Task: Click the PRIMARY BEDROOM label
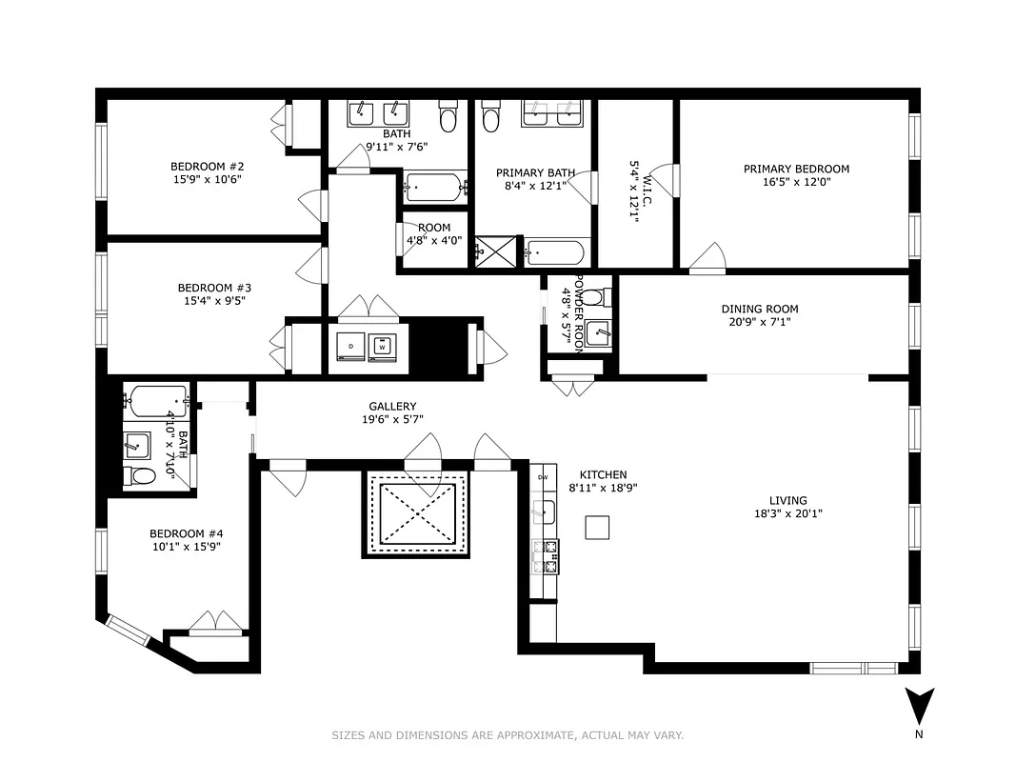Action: [x=796, y=170]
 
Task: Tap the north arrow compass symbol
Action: [x=919, y=708]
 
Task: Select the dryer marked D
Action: [x=350, y=347]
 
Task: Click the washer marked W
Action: [x=383, y=347]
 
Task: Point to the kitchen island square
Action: [x=597, y=528]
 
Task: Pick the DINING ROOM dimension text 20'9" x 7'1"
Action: [x=759, y=322]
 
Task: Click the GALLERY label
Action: [x=392, y=407]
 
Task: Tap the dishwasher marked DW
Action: [x=544, y=477]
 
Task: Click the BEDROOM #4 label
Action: [x=186, y=533]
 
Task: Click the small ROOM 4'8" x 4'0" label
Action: [x=434, y=228]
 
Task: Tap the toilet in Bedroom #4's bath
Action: [x=140, y=475]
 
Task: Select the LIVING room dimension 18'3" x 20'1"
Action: [x=787, y=513]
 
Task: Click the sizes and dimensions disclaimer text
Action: [x=508, y=735]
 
